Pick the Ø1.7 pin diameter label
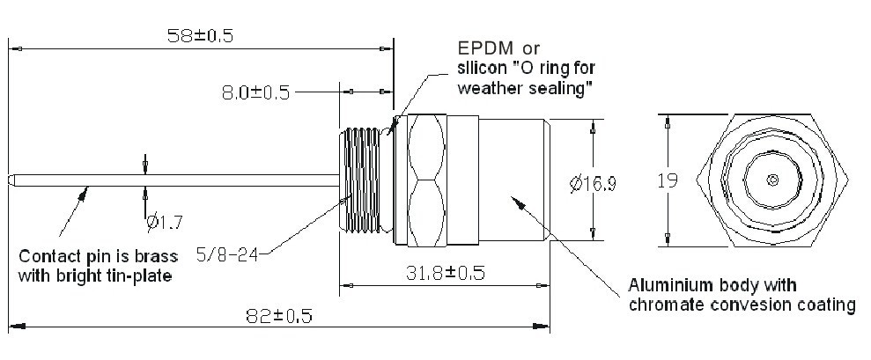(166, 221)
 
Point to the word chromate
(663, 305)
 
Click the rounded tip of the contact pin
(11, 182)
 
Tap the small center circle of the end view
(772, 181)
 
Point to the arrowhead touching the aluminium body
(517, 202)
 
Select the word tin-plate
(141, 276)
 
